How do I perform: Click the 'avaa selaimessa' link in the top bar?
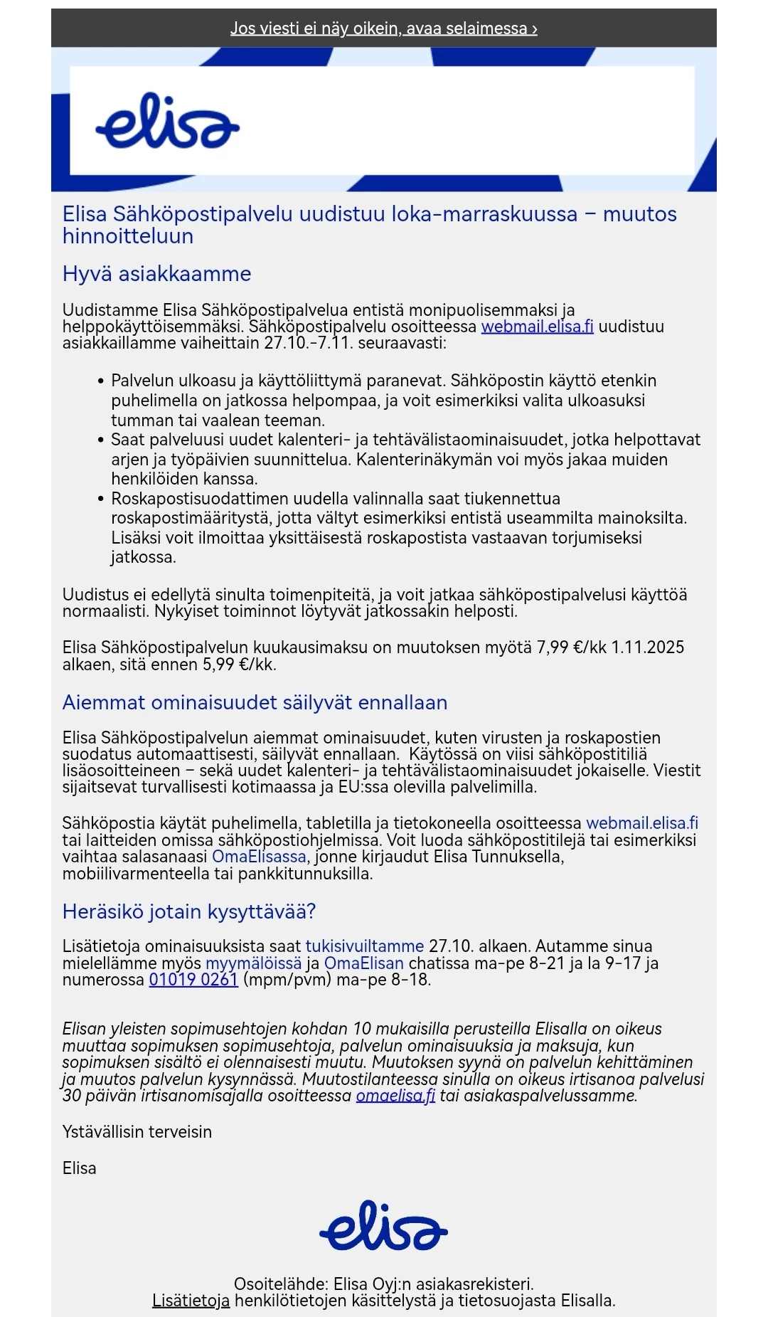(384, 28)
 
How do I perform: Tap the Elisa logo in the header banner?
(167, 121)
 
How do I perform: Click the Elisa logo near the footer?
(383, 1225)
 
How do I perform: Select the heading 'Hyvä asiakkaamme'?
(156, 274)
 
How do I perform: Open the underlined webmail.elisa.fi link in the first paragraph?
(537, 327)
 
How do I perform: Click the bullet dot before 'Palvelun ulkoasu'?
(101, 381)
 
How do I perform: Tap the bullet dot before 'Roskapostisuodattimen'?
(101, 499)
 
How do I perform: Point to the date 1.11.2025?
(648, 647)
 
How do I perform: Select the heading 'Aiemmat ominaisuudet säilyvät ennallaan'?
(255, 702)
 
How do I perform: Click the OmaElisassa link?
(259, 857)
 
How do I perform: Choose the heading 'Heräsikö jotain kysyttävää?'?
(188, 911)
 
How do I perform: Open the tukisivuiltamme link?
(364, 946)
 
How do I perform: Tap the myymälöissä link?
(253, 963)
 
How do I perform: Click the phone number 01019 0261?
(193, 980)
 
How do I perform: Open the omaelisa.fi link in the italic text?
(395, 1096)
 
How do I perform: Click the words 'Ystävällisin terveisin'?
(137, 1132)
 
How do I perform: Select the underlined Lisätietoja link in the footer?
(191, 1301)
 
